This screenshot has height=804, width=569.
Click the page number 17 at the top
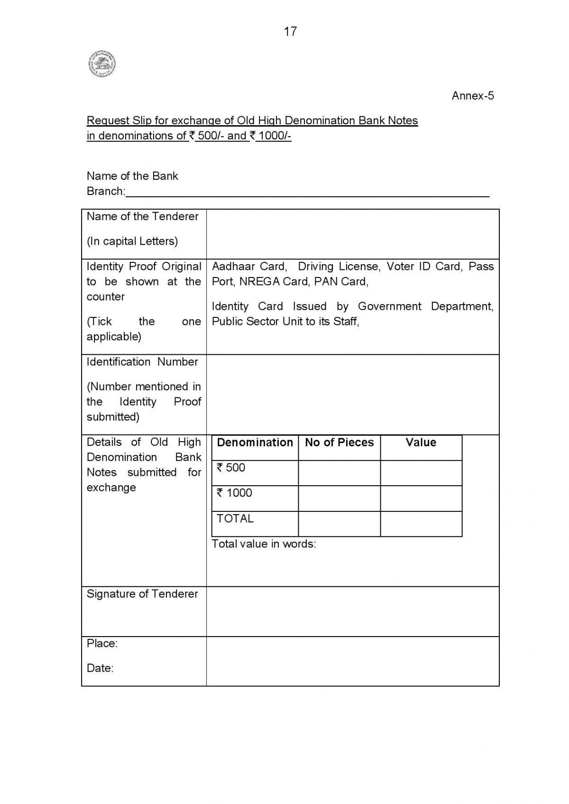(x=290, y=31)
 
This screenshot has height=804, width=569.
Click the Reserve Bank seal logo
(x=102, y=64)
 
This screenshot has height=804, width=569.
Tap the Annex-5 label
(x=472, y=96)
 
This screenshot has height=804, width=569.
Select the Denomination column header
(x=255, y=443)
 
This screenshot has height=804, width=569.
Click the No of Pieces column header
(x=339, y=443)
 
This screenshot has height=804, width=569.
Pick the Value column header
(x=421, y=443)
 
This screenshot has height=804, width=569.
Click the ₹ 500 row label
(x=231, y=468)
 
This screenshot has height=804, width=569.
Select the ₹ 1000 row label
(x=234, y=493)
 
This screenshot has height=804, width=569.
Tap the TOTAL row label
(x=235, y=518)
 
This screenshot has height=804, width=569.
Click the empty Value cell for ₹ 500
(x=421, y=473)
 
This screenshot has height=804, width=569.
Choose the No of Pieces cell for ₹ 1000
(x=339, y=498)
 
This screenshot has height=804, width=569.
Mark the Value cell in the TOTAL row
(x=421, y=524)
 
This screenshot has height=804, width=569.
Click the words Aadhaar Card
(x=248, y=267)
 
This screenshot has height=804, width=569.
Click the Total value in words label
(x=264, y=544)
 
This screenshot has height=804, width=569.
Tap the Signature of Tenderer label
(x=142, y=594)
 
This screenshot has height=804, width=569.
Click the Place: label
(x=102, y=644)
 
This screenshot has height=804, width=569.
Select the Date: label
(x=100, y=668)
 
